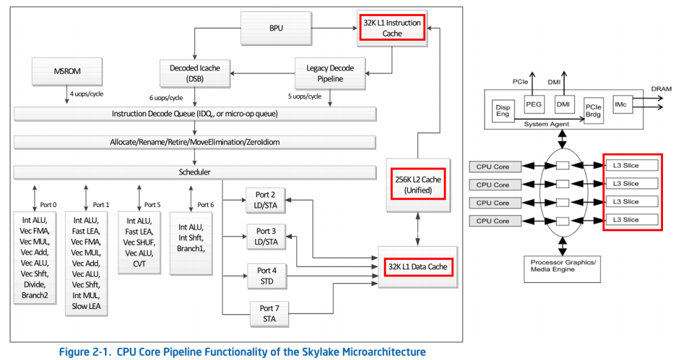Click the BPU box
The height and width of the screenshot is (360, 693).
point(275,28)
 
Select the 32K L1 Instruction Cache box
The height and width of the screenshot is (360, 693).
point(392,28)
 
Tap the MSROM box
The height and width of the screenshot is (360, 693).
point(67,71)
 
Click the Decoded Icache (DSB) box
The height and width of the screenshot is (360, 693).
point(195,73)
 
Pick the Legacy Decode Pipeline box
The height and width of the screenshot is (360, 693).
point(330,73)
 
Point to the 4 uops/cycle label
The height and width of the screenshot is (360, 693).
point(86,94)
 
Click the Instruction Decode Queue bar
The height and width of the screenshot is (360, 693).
point(194,113)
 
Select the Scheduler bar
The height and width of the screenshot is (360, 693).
point(194,172)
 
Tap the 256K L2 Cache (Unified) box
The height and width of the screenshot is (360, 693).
point(418,184)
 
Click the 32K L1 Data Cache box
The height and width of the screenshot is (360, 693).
point(418,266)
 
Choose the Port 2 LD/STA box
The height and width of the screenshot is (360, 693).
point(266,201)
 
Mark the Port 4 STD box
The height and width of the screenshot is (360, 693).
point(266,275)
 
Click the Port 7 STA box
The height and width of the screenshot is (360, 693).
point(269,313)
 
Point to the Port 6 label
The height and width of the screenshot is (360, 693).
point(205,205)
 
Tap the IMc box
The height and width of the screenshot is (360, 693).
point(623,104)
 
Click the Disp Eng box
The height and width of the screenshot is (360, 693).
point(502,111)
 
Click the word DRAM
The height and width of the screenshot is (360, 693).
point(661,89)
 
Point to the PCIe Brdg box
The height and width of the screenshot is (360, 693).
point(593,111)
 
